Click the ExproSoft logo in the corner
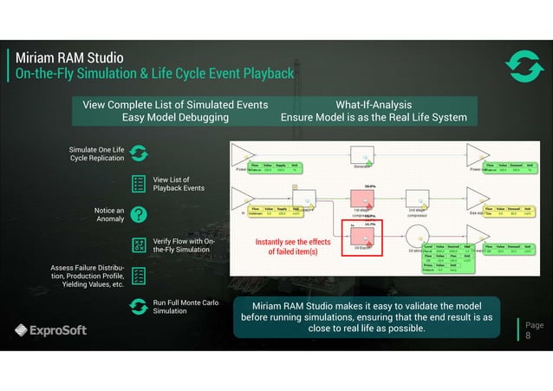[x=50, y=330]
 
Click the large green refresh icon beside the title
[x=523, y=68]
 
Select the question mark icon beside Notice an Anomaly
[x=139, y=214]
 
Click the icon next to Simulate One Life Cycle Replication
[x=139, y=153]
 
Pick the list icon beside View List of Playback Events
[x=139, y=183]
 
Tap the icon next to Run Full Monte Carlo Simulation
[x=139, y=306]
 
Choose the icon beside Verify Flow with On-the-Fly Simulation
[x=139, y=244]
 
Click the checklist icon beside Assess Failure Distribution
[x=139, y=275]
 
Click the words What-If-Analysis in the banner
[x=373, y=105]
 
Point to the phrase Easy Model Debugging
[x=175, y=117]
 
